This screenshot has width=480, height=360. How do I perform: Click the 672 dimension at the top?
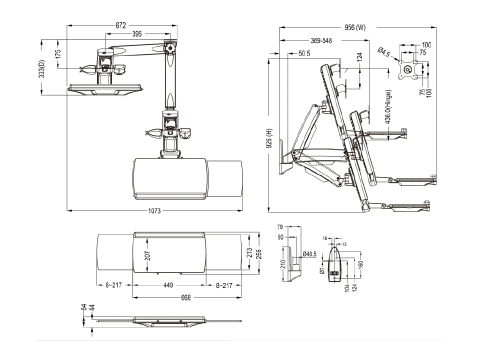[120, 24]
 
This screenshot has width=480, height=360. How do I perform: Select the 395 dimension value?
[137, 34]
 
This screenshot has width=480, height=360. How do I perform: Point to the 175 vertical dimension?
[58, 53]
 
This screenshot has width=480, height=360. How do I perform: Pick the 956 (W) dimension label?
[355, 27]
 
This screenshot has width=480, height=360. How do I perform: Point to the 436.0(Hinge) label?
[388, 106]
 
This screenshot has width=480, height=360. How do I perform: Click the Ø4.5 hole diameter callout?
[384, 52]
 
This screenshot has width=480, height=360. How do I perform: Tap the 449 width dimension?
[168, 285]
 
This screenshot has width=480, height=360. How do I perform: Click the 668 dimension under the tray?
[185, 297]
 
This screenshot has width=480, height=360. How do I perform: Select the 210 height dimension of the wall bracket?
[282, 263]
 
